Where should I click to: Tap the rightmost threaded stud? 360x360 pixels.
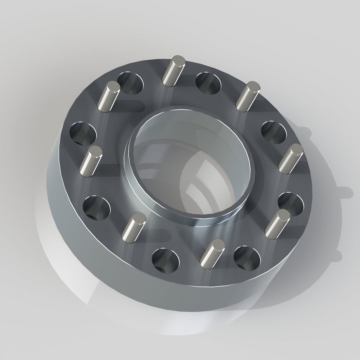(291, 159)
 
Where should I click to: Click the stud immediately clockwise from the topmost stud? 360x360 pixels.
(247, 96)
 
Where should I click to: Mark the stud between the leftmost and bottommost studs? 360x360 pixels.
(135, 227)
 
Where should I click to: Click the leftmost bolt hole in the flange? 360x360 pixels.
(83, 134)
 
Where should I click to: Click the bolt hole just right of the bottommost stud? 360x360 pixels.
(247, 259)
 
